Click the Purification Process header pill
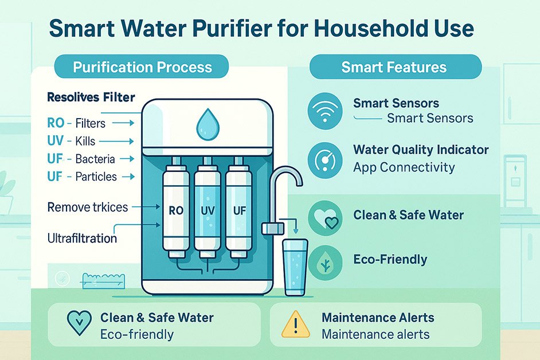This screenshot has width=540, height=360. (x=142, y=67)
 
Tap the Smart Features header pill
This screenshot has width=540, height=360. (x=394, y=67)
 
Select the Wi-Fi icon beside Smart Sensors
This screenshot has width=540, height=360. (x=324, y=110)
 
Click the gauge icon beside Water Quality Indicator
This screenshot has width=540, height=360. (x=324, y=159)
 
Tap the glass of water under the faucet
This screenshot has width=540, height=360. (x=295, y=267)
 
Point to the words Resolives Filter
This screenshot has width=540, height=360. (x=91, y=97)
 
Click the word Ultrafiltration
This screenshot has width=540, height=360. (x=82, y=237)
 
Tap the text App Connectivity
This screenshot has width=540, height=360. (x=404, y=167)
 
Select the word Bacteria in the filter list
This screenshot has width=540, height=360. (x=95, y=159)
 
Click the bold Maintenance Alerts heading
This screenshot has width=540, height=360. (x=378, y=318)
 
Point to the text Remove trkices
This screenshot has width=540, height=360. (x=88, y=206)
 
